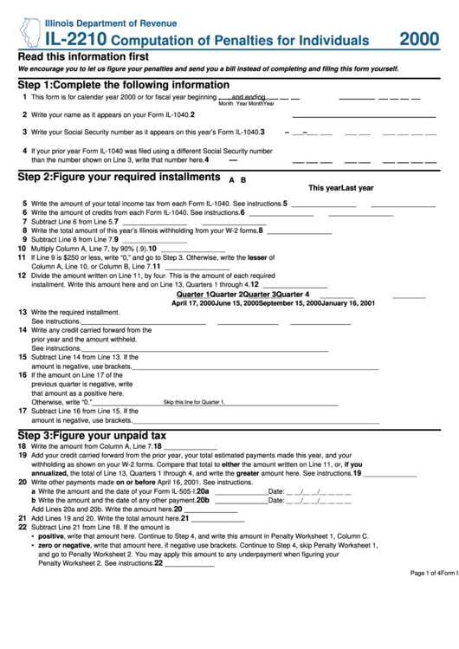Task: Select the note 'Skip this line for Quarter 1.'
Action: click(x=194, y=402)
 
